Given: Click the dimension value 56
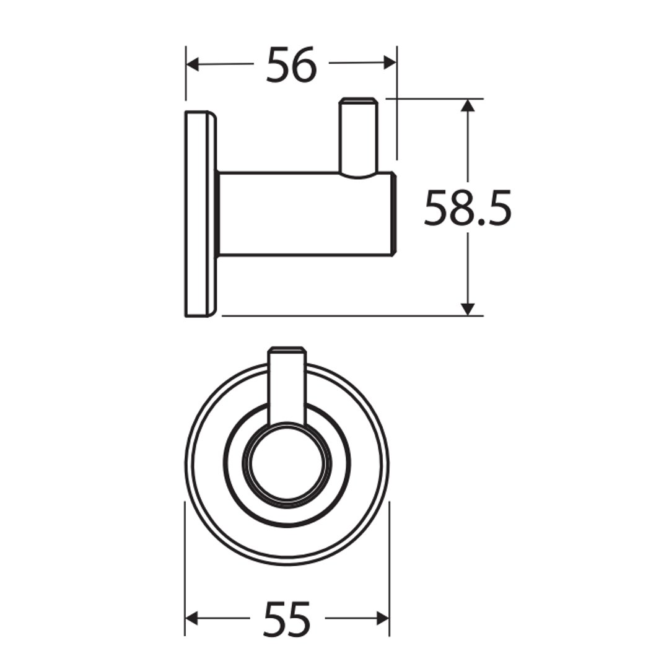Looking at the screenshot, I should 291,64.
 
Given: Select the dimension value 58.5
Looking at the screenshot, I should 468,208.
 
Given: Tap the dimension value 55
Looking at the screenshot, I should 286,619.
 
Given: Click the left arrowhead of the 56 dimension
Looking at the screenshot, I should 192,64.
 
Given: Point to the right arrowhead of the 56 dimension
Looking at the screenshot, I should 390,62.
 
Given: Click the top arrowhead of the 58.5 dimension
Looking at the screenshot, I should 468,105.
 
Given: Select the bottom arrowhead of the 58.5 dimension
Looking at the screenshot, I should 468,309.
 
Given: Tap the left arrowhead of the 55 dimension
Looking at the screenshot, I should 191,618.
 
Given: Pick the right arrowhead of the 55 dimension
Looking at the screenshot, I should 383,618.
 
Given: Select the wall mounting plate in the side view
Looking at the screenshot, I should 199,214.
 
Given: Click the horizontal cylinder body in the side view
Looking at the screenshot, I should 304,214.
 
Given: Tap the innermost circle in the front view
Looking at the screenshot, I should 287,464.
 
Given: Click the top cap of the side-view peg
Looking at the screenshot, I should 358,100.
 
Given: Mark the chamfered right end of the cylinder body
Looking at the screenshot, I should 393,214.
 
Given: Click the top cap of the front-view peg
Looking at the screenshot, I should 287,349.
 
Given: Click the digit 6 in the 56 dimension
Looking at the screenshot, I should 304,64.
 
